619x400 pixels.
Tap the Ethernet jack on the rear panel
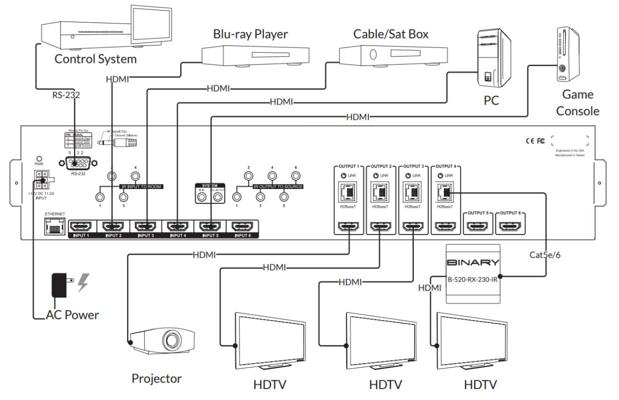click(54, 228)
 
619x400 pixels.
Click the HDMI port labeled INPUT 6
click(242, 227)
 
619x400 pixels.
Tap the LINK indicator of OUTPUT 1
click(342, 175)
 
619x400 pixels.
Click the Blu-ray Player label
click(251, 34)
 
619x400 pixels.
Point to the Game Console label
click(578, 102)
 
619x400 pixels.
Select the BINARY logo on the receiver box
click(472, 262)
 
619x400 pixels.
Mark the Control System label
click(95, 59)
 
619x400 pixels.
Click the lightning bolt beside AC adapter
click(83, 283)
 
